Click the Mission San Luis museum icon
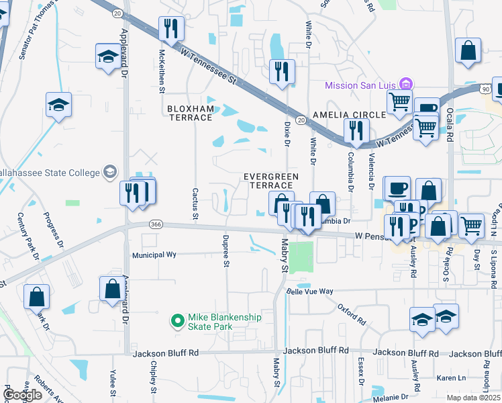(x=405, y=85)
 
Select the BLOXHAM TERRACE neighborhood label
(x=190, y=113)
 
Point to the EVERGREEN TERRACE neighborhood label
(x=270, y=181)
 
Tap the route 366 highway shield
(x=156, y=224)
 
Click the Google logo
(x=23, y=395)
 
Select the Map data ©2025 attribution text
(x=473, y=398)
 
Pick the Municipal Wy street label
(x=154, y=255)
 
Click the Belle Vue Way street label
(x=310, y=292)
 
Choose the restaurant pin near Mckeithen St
(x=170, y=29)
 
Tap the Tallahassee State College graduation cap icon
(x=107, y=173)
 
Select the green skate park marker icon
(x=178, y=322)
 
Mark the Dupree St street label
(x=226, y=249)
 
